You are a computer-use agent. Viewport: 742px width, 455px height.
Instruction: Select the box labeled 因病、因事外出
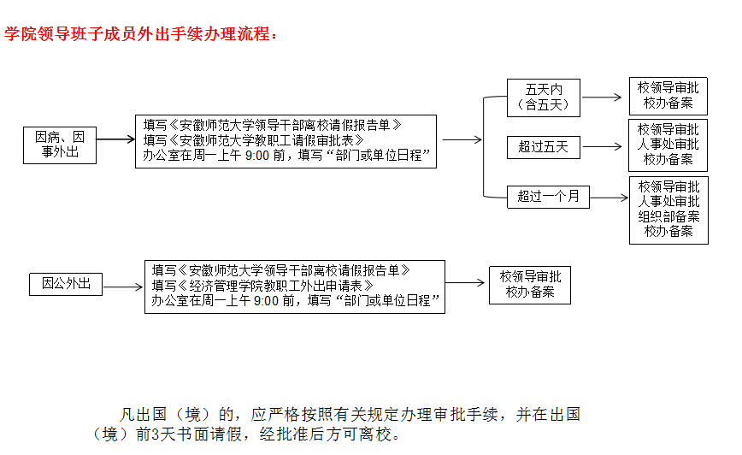point(60,145)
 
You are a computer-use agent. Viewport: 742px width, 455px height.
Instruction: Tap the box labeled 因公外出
point(66,284)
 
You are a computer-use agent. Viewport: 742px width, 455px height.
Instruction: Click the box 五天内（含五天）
point(544,97)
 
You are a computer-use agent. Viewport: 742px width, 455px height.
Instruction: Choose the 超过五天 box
point(544,147)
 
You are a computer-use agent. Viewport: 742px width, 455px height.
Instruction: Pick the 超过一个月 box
point(548,197)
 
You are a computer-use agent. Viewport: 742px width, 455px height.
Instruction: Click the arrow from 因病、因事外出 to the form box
point(116,139)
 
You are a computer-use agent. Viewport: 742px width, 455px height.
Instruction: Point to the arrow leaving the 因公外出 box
point(123,287)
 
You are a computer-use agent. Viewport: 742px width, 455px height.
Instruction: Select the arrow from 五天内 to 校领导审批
point(602,97)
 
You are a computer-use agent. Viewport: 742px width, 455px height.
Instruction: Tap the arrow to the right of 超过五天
point(602,146)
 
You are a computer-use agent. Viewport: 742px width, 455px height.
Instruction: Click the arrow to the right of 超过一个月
point(609,198)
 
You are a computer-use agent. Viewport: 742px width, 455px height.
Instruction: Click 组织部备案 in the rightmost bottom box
point(668,216)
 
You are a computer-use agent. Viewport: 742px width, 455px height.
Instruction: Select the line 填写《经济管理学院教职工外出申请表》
point(262,286)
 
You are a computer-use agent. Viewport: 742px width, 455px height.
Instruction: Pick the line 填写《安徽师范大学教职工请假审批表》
point(254,140)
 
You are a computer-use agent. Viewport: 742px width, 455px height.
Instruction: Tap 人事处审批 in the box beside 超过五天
point(668,144)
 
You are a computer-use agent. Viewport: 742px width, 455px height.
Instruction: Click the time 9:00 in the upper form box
point(257,156)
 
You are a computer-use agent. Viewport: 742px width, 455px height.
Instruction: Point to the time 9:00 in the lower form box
point(266,301)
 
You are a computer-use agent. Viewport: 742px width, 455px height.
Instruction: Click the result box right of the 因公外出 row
point(530,285)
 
